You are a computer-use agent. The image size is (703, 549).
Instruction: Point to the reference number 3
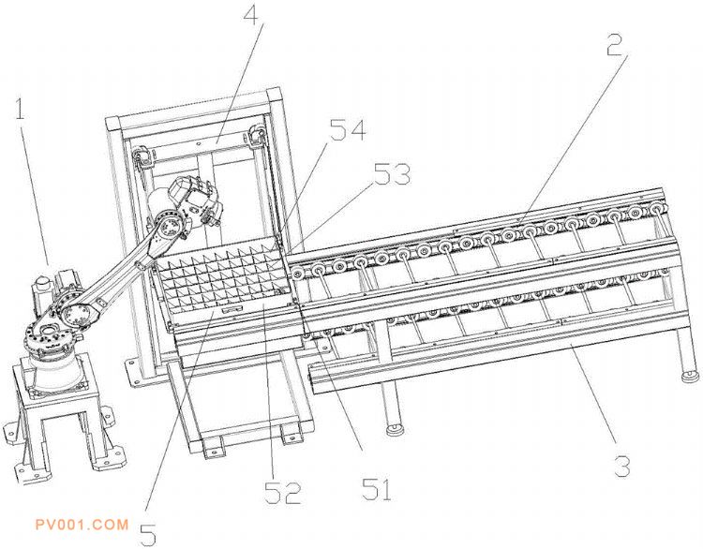point(620,466)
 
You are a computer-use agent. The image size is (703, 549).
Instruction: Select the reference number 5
point(148,534)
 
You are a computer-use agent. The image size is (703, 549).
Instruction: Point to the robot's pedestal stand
point(56,412)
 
